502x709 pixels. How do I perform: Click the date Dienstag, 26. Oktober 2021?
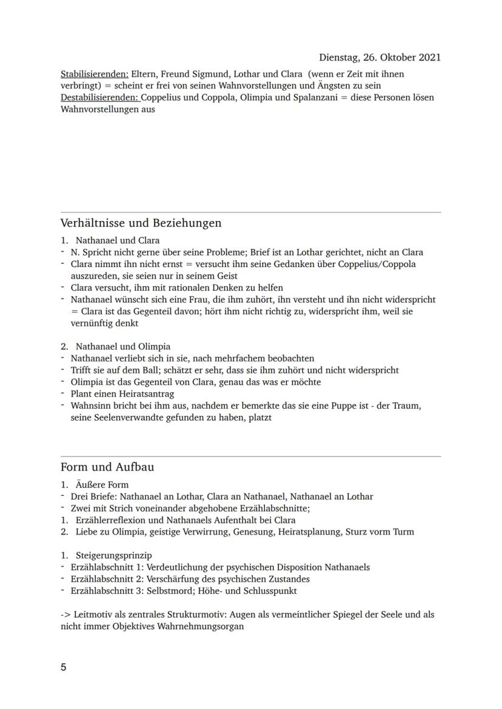(380, 58)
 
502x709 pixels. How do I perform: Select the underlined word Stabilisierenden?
(94, 74)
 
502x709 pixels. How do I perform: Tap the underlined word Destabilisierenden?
(99, 97)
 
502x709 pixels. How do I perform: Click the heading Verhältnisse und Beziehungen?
(141, 223)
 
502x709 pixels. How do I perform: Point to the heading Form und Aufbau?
(107, 467)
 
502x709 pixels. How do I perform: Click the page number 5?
(64, 667)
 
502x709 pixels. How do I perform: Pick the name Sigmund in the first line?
(206, 74)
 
